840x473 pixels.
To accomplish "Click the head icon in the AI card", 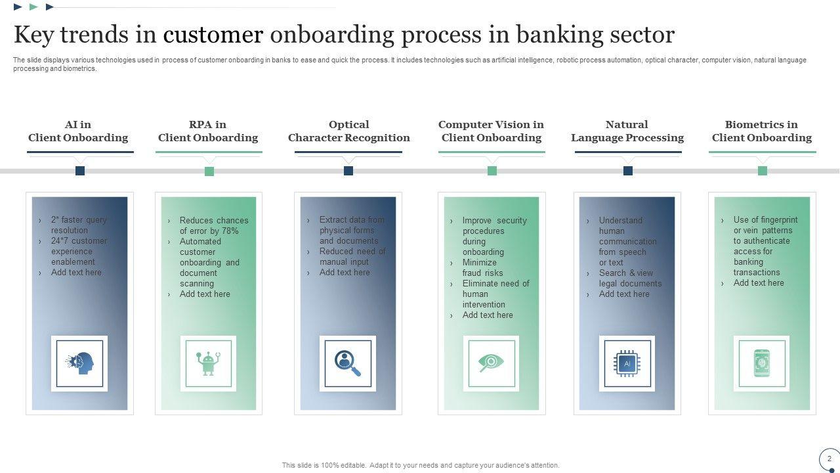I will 79,363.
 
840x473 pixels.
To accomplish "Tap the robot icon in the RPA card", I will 209,363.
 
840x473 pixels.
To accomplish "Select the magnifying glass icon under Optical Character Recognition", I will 348,363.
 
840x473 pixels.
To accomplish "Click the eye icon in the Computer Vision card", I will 491,363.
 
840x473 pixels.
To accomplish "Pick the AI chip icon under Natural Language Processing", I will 627,363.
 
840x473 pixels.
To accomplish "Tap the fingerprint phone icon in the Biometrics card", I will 762,363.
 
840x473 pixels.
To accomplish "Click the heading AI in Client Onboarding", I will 78,131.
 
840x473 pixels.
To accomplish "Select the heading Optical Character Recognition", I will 348,131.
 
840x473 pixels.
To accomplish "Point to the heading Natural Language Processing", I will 627,131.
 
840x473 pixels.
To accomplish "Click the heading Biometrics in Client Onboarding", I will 761,131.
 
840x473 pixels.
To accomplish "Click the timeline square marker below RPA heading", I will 209,171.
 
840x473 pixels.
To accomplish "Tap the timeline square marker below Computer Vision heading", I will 492,171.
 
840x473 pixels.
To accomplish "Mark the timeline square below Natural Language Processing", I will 628,171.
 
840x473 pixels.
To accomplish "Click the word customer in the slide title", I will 213,34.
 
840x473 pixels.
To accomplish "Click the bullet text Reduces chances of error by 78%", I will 214,225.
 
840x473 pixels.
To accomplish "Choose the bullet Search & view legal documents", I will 630,278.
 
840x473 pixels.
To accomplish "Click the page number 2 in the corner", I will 829,459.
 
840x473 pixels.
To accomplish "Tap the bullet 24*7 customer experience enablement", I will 79,251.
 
